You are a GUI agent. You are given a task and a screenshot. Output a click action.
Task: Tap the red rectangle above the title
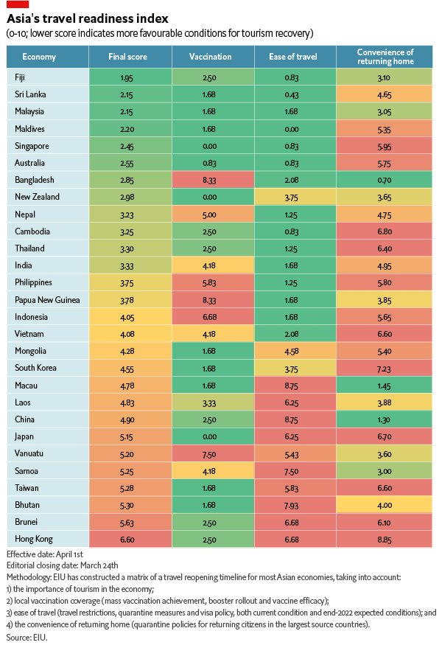[17, 4]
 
